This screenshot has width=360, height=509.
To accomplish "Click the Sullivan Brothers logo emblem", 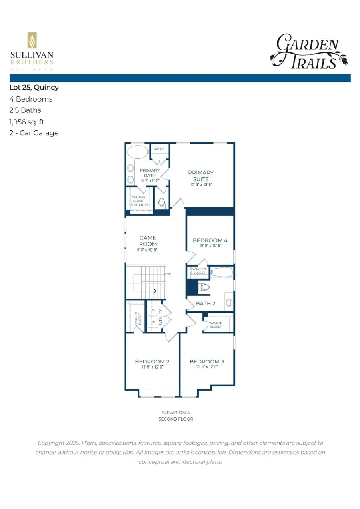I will coord(31,40).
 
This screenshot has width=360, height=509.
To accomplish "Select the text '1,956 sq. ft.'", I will coord(28,122).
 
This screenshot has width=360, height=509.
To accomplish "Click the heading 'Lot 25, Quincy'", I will coord(34,88).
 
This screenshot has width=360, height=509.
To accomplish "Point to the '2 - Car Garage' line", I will coord(34,133).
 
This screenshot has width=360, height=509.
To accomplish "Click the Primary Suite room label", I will coord(201,176).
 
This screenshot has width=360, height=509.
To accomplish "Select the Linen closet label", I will coord(159,149).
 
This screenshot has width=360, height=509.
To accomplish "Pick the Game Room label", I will coord(148,241).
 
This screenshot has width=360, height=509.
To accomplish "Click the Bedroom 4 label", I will coord(210,240).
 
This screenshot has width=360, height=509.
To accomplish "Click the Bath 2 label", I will coord(206,303).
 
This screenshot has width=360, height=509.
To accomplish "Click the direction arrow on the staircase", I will coord(154,292).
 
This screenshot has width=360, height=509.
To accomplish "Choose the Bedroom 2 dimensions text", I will coord(152,367).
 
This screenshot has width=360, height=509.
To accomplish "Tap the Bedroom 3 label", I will coord(207,361).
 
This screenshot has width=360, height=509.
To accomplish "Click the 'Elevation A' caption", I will coord(176,413).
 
